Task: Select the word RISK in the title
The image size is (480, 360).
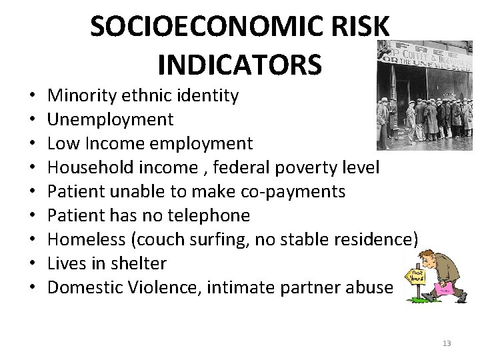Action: pyautogui.click(x=357, y=26)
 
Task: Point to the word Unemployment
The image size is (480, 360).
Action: pyautogui.click(x=111, y=119)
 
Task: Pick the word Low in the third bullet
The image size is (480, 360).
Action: pyautogui.click(x=61, y=143)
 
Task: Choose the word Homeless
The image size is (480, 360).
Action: pyautogui.click(x=85, y=239)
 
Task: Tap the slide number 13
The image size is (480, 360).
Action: pyautogui.click(x=447, y=343)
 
